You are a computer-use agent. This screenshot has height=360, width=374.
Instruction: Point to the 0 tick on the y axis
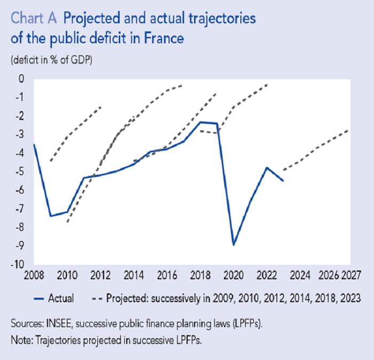[x=22, y=79]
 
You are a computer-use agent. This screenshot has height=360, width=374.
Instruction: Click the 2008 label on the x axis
[x=34, y=277]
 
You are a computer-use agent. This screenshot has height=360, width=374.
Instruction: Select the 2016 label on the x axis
[x=167, y=277]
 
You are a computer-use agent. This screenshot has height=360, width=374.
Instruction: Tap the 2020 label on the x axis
[x=233, y=277]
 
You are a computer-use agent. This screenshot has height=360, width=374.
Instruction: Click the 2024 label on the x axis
[x=299, y=277]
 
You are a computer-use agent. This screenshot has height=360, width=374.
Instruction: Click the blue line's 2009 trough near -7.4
[x=50, y=216]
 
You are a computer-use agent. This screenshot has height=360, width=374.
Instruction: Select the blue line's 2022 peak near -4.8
[x=267, y=167]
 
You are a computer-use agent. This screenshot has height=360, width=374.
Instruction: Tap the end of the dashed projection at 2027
[x=349, y=129]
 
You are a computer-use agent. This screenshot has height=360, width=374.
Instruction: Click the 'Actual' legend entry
[x=61, y=298]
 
